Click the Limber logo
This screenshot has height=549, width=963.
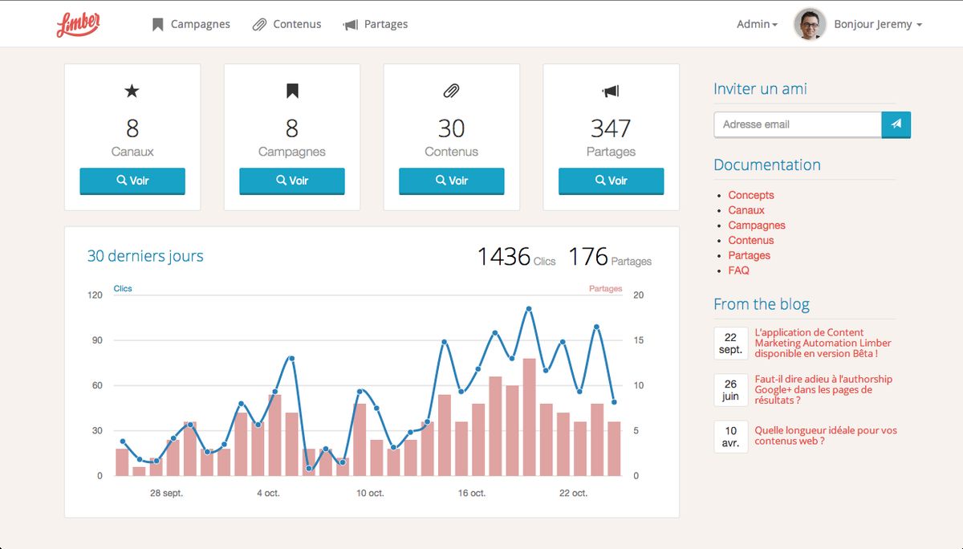tap(78, 25)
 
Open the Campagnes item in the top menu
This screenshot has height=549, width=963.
tap(191, 24)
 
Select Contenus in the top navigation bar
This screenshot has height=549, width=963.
tap(287, 24)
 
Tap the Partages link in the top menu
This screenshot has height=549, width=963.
tap(376, 24)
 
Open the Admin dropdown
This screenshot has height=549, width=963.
tap(757, 24)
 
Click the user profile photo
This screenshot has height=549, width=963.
tap(810, 24)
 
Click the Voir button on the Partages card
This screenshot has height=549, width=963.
tap(611, 181)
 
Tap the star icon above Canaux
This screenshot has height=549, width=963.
tap(132, 91)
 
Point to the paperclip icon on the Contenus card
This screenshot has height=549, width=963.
tap(451, 91)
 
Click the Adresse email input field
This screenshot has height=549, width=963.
tap(797, 124)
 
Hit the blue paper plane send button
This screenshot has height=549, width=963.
tap(896, 124)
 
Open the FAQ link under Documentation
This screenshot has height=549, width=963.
tap(738, 270)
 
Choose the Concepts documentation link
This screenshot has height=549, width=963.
tap(750, 195)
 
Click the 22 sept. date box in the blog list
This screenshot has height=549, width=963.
tap(730, 344)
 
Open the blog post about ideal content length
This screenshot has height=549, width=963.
tap(825, 436)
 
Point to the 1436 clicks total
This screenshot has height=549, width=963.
tap(504, 257)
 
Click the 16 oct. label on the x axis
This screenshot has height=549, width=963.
tap(472, 493)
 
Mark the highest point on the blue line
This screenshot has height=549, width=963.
tap(529, 309)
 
